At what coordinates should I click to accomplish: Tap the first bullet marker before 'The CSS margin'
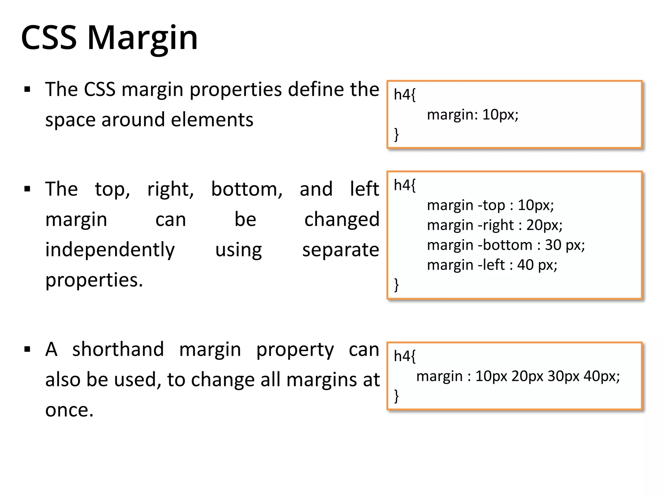tap(27, 89)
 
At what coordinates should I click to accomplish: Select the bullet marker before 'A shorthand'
tap(27, 350)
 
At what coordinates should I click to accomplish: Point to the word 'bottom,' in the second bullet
tap(247, 189)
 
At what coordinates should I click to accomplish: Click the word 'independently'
tap(110, 250)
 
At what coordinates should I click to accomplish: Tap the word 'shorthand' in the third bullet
tap(118, 350)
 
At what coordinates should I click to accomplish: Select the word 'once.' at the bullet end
tap(69, 410)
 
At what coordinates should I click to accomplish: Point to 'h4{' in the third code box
tap(404, 356)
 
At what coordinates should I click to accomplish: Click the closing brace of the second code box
tap(396, 285)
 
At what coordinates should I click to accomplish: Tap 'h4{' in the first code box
tap(404, 95)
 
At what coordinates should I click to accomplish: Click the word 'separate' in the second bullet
tap(340, 250)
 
